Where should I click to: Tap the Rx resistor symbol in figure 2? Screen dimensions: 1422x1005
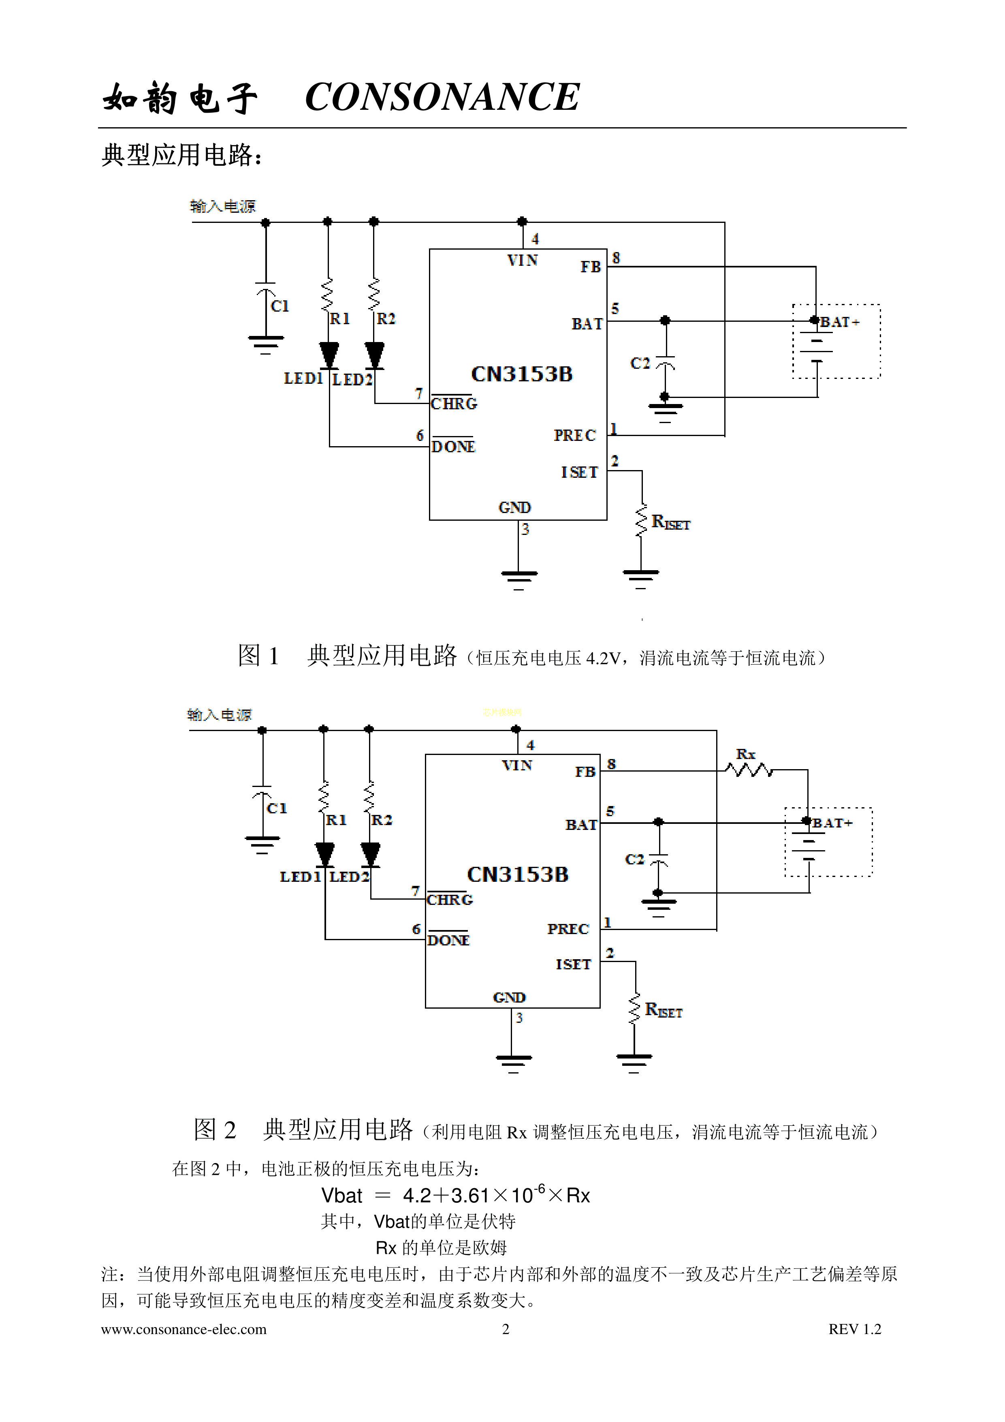tap(749, 770)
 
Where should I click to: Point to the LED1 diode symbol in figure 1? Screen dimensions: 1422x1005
tap(329, 355)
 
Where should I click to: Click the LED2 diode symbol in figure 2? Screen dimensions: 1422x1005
tap(370, 854)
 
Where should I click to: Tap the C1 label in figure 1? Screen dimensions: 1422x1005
tap(280, 306)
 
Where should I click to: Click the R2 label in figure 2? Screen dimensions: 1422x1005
tap(382, 820)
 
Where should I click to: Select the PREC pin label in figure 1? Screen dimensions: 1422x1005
tap(575, 435)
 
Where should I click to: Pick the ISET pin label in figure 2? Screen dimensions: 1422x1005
tap(574, 964)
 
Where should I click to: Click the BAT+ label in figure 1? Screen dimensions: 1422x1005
tap(840, 322)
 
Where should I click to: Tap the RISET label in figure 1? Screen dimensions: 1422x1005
tap(671, 523)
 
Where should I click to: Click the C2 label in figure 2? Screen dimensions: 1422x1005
tap(635, 859)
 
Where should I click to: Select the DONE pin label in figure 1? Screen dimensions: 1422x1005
tap(453, 447)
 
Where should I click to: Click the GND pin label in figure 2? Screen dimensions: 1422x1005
tap(509, 997)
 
